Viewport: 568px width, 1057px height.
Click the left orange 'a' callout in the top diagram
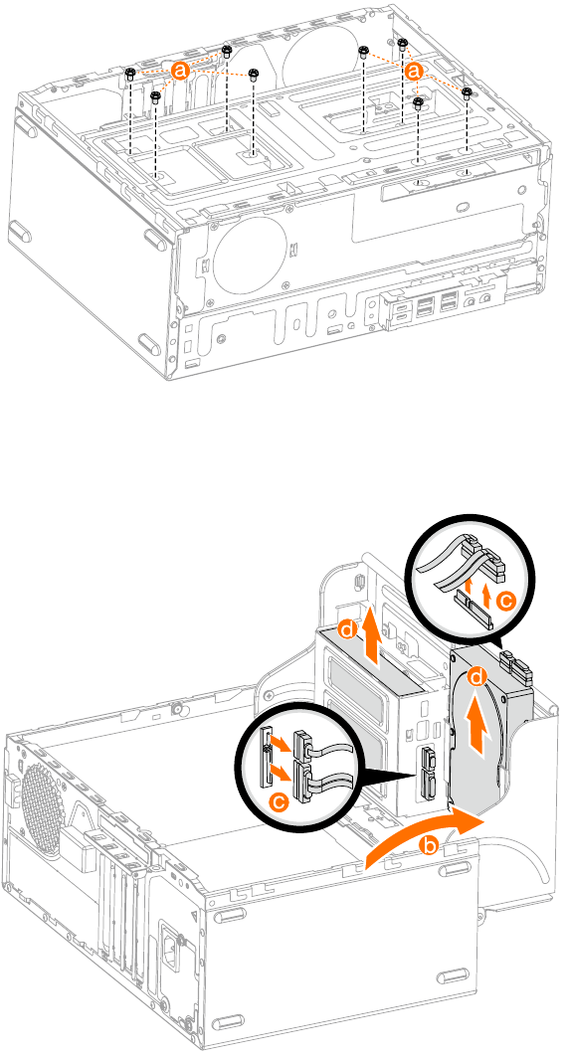coord(180,70)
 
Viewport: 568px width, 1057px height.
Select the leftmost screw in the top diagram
coord(130,73)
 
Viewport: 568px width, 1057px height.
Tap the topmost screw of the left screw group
coord(227,50)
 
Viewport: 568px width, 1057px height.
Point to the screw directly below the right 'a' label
coord(419,100)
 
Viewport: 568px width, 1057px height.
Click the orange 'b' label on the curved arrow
coord(430,846)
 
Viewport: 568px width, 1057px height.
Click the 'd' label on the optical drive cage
coord(347,629)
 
